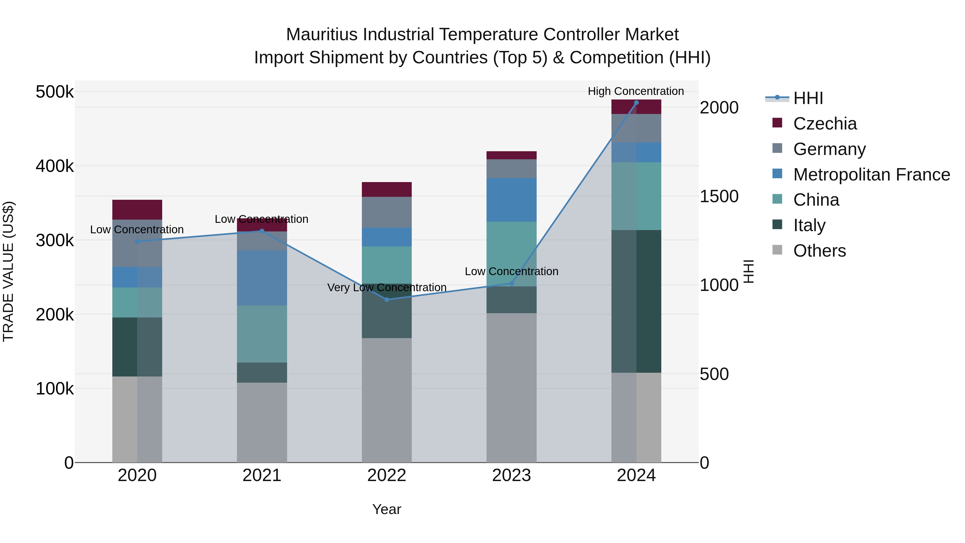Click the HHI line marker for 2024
point(636,103)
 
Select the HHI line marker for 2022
point(387,300)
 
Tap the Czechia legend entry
point(825,124)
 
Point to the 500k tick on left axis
point(55,92)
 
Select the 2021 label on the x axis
point(262,475)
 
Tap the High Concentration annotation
point(636,91)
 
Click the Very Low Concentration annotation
point(387,287)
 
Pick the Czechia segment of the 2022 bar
point(387,190)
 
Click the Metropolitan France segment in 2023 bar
point(511,200)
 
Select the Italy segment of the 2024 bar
point(636,301)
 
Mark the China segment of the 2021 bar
point(262,334)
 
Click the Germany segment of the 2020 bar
point(137,243)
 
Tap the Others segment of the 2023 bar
point(511,387)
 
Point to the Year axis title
point(387,509)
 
